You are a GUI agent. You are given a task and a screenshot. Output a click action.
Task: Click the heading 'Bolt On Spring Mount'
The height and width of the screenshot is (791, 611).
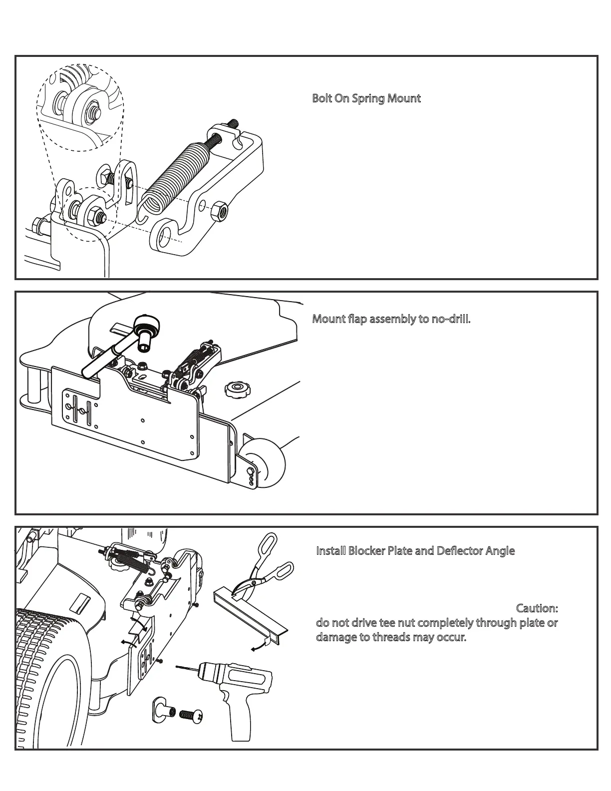pos(366,98)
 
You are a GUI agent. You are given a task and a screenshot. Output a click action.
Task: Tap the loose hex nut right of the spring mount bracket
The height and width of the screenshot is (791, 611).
pos(219,211)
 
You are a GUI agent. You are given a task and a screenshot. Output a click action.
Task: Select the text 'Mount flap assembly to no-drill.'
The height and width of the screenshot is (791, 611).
pos(391,319)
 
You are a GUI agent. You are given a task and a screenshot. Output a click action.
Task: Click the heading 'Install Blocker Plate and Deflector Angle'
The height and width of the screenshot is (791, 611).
pos(415,551)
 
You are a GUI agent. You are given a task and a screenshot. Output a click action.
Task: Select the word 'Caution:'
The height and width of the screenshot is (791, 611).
pos(537,609)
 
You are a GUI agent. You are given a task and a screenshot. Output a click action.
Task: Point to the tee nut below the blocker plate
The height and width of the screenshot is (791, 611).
pos(162,710)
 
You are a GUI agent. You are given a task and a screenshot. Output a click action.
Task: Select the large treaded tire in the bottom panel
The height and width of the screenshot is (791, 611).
pos(50,679)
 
